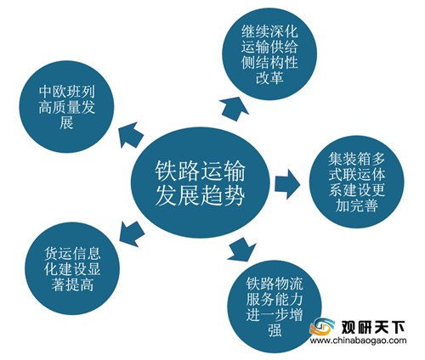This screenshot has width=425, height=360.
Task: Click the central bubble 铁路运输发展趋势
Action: click(x=200, y=183)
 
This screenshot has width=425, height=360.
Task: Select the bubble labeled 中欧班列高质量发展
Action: click(x=66, y=107)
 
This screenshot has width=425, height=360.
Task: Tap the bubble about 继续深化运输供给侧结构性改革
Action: click(x=269, y=53)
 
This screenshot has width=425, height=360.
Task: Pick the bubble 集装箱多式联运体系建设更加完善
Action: click(x=356, y=182)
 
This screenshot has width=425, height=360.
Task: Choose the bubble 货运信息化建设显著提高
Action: click(x=72, y=268)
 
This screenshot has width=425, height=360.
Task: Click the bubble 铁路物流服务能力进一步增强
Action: click(x=275, y=307)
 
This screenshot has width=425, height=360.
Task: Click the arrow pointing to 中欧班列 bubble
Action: click(x=130, y=135)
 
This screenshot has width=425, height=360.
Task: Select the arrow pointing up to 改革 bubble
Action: click(x=234, y=109)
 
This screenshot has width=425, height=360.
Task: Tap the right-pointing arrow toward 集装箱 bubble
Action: click(x=287, y=184)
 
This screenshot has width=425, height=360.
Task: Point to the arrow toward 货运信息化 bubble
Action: click(x=132, y=234)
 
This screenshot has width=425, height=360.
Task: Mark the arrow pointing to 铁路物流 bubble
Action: click(x=241, y=250)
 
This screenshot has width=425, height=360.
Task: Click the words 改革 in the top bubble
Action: click(x=269, y=77)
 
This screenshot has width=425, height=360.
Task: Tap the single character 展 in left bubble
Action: click(x=66, y=123)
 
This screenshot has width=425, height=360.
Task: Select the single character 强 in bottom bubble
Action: click(x=275, y=330)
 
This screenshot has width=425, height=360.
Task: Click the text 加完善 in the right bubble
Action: click(x=357, y=205)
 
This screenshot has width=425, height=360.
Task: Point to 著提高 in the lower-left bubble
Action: click(x=72, y=284)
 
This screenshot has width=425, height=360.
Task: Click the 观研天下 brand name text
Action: click(x=373, y=328)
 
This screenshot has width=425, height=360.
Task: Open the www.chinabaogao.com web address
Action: click(x=358, y=340)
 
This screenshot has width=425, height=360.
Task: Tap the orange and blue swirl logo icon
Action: click(x=322, y=327)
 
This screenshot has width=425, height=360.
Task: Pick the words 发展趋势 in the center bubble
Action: click(x=200, y=195)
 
